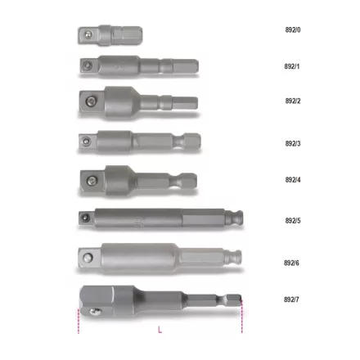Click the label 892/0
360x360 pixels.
(293, 29)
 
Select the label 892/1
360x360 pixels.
(293, 65)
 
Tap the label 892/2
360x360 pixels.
(293, 101)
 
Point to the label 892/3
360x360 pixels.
(293, 143)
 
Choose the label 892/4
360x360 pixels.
(293, 180)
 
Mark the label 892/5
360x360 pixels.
(293, 221)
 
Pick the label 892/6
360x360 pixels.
(292, 263)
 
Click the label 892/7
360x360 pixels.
(292, 299)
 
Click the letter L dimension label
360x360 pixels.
(160, 330)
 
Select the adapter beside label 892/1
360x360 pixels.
(138, 65)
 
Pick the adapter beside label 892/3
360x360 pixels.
(138, 142)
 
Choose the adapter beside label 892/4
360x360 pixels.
(137, 178)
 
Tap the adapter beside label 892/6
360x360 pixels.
(160, 258)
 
